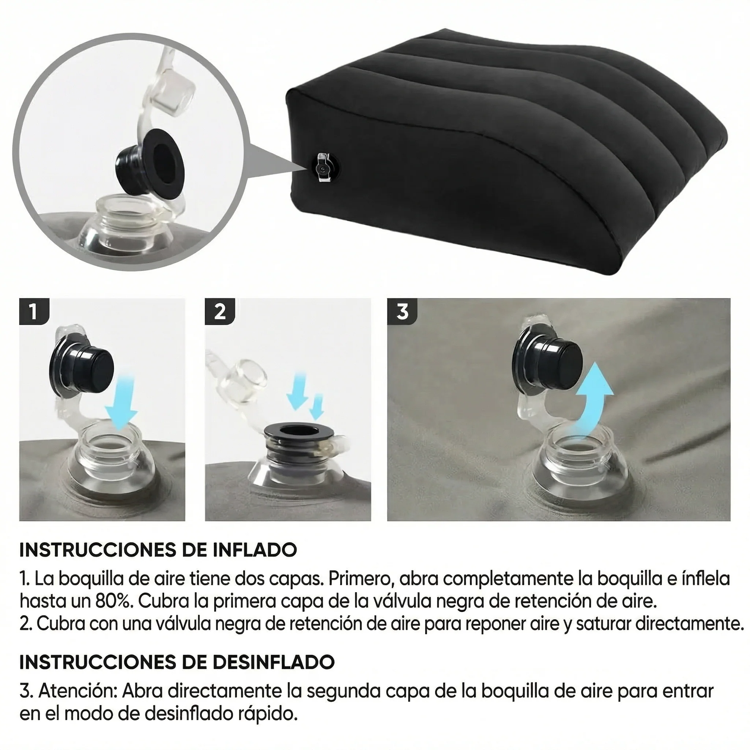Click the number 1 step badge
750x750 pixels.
[x=34, y=311]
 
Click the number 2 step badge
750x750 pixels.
[x=220, y=311]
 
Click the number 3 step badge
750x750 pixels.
[x=402, y=311]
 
